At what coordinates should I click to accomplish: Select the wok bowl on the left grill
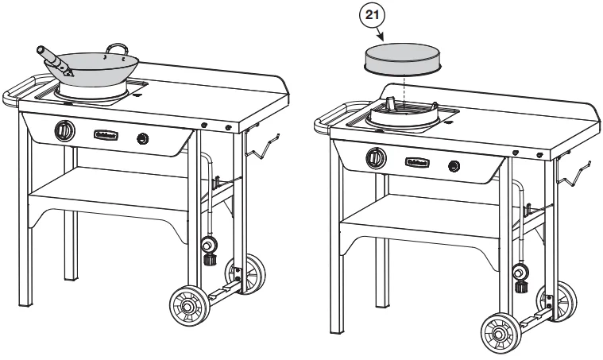[x=94, y=69]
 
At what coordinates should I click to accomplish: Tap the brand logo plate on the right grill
[x=417, y=162]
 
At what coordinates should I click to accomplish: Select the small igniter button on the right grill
[x=454, y=167]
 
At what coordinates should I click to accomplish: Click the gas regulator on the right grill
[x=520, y=273]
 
